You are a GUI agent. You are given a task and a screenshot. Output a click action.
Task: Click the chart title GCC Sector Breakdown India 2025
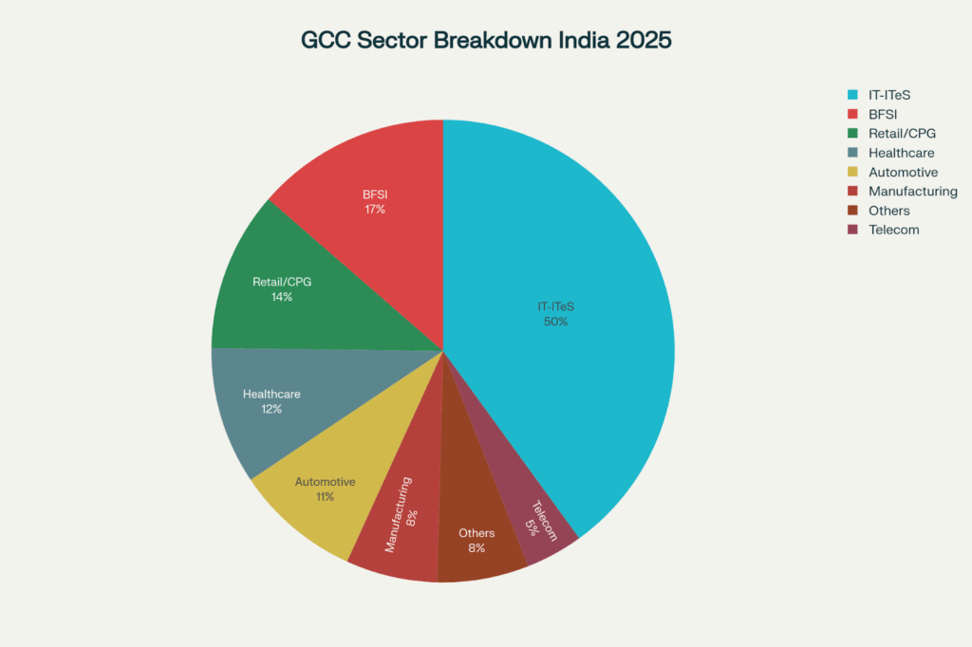(486, 41)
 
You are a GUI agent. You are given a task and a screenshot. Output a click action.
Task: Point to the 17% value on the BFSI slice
(375, 210)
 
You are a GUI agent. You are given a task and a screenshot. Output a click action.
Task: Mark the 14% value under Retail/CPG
(281, 297)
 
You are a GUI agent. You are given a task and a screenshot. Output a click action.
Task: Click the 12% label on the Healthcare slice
(271, 410)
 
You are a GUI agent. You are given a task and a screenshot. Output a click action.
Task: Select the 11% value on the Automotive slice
(325, 497)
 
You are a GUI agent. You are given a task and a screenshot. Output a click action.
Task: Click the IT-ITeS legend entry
(895, 95)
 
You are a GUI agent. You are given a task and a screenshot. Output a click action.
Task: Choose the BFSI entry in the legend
(883, 114)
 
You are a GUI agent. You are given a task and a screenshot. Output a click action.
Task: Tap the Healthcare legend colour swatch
(852, 153)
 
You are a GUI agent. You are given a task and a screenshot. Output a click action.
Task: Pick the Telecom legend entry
(893, 230)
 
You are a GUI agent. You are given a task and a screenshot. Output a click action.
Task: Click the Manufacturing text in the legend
(912, 192)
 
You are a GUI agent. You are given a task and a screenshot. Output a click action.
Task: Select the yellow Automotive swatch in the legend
(852, 172)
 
